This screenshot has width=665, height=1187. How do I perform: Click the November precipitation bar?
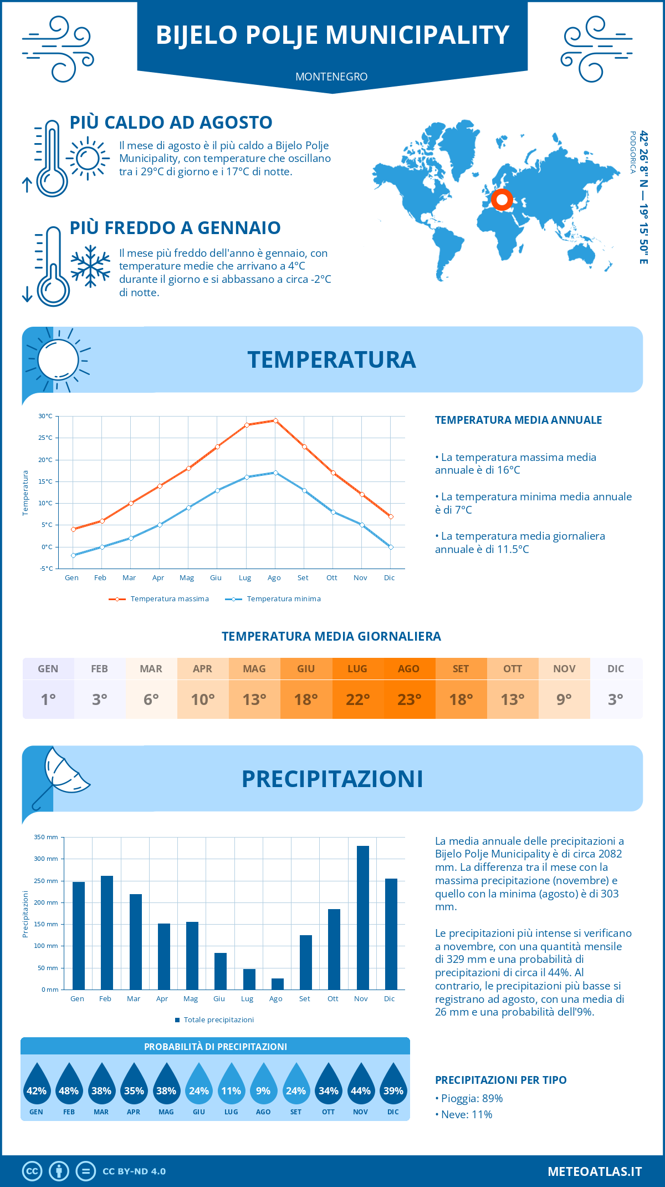(x=362, y=918)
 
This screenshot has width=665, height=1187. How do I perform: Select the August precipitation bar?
(x=278, y=984)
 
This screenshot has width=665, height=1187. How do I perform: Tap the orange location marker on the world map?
(x=502, y=200)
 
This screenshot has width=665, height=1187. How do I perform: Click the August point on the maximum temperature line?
(x=275, y=420)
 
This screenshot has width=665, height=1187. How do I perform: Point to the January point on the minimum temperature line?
(x=73, y=555)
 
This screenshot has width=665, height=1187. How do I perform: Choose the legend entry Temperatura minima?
(x=274, y=599)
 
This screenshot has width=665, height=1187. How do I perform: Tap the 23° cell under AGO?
(x=409, y=699)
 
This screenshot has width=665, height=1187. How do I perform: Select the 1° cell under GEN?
(x=48, y=699)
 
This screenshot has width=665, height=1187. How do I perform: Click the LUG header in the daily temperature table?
(x=357, y=669)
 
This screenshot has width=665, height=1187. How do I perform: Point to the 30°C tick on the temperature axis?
(x=45, y=416)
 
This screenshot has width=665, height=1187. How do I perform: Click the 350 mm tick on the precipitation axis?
(x=46, y=837)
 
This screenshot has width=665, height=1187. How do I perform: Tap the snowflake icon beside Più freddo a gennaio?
(x=90, y=266)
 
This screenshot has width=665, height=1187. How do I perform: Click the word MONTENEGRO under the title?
(x=331, y=77)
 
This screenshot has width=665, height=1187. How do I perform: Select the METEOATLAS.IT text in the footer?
(x=595, y=1171)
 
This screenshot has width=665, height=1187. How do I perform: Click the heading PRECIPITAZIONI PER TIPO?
(x=500, y=1080)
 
